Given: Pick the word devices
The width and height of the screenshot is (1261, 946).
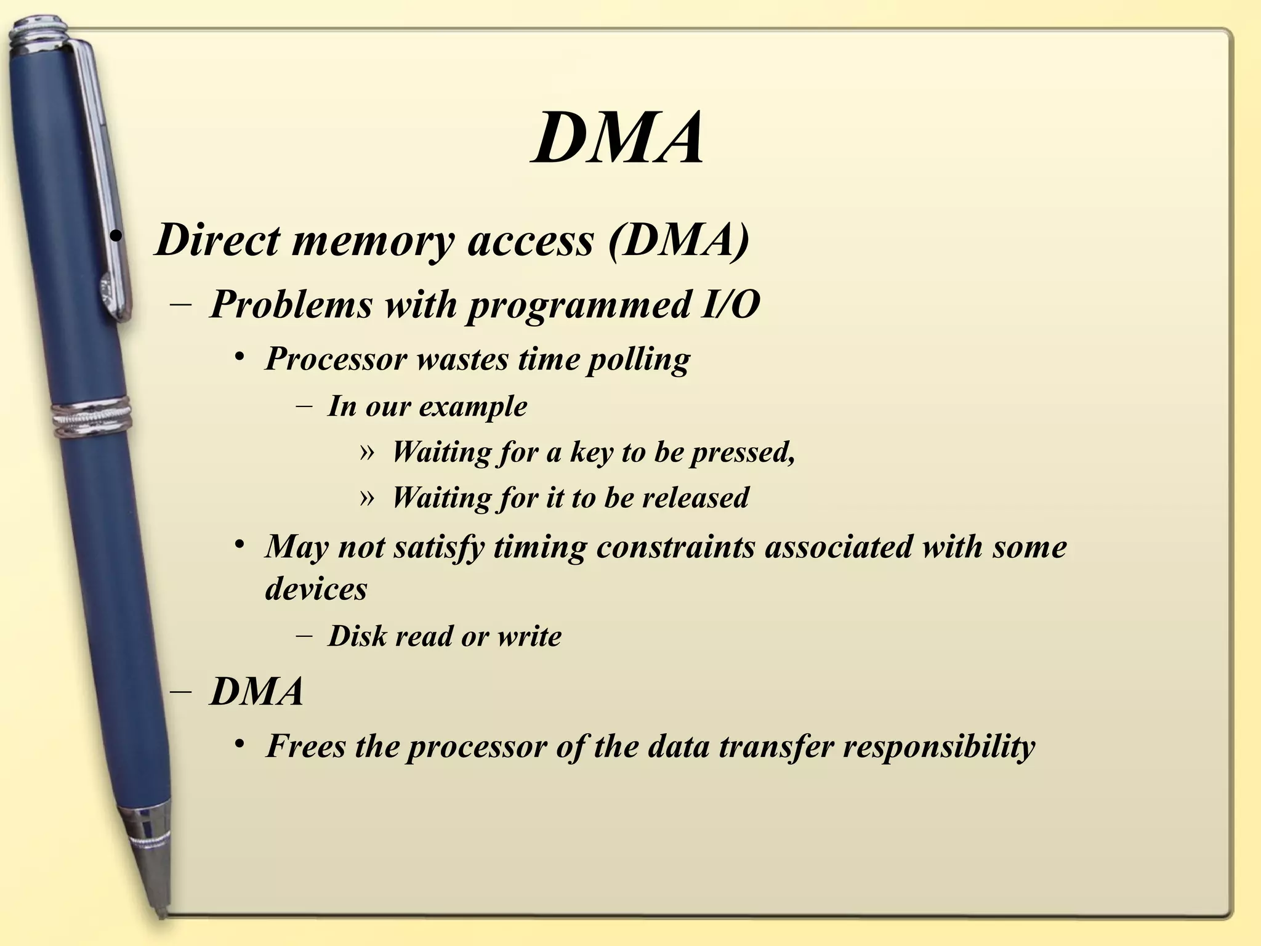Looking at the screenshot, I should (316, 589).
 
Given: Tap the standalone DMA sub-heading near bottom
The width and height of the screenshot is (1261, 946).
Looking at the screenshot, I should (257, 692).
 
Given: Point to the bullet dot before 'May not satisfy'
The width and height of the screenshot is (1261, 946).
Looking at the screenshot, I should (240, 544).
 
